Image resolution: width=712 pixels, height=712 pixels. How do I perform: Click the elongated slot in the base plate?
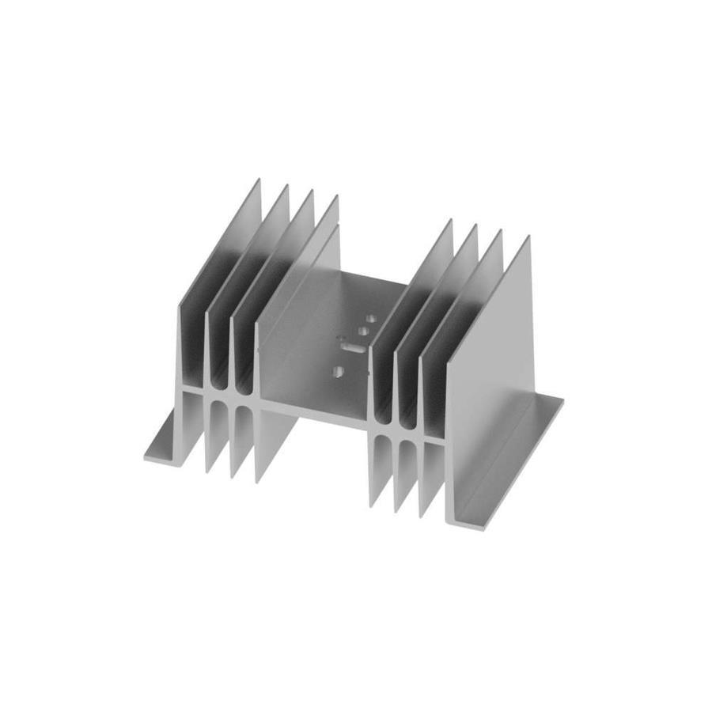point(353,346)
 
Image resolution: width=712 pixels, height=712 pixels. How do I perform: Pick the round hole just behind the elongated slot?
point(362,331)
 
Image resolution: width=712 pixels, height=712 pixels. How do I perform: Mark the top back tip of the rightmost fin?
point(528,237)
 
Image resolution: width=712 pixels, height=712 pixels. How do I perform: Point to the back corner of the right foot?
point(562,400)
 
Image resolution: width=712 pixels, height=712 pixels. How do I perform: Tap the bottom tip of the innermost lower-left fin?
point(256,479)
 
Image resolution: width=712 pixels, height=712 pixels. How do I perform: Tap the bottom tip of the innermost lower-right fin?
point(371,505)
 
